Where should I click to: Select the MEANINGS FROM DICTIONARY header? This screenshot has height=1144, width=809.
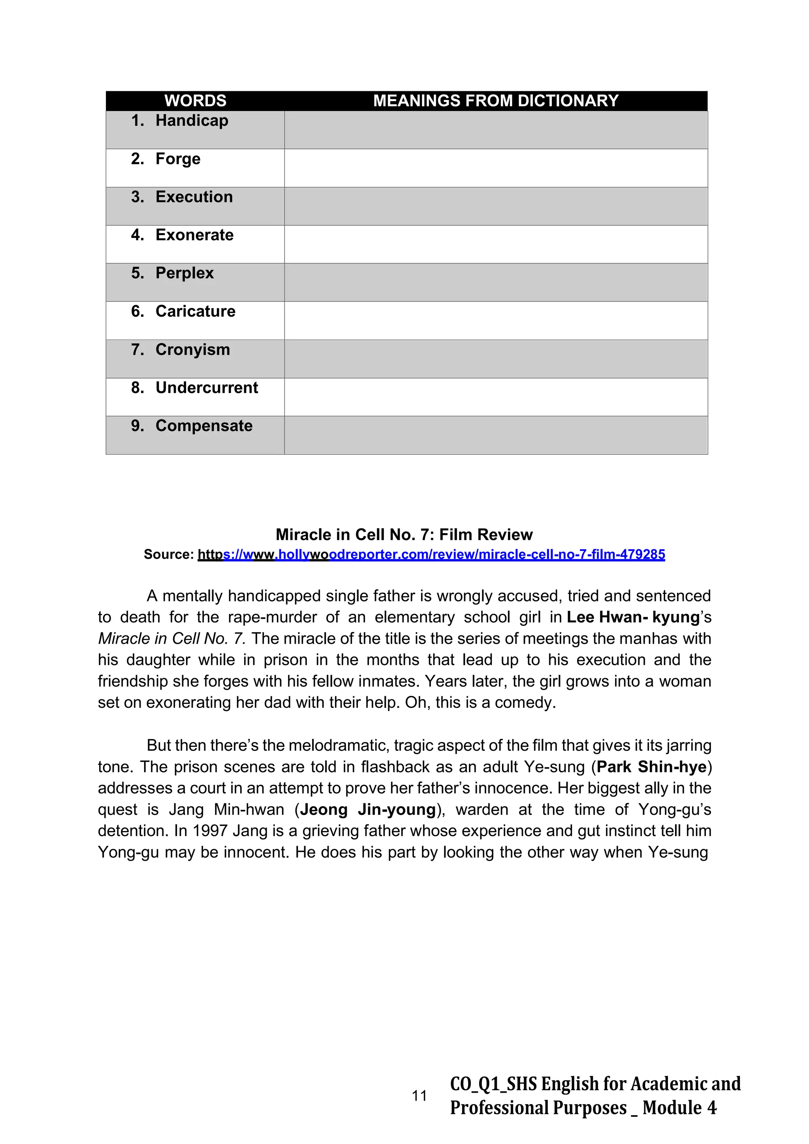[496, 101]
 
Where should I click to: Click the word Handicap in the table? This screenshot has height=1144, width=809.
[192, 121]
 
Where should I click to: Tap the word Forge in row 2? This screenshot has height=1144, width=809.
[178, 159]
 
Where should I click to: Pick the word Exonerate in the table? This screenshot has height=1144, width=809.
[194, 235]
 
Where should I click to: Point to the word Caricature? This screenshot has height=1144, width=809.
[195, 311]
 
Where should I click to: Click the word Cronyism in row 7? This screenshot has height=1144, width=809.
[193, 350]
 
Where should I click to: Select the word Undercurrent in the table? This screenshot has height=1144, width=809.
[207, 388]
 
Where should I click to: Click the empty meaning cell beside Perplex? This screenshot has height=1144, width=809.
[496, 283]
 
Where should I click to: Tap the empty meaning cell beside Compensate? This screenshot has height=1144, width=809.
[496, 435]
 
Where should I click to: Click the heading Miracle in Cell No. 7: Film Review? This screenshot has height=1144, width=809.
[404, 535]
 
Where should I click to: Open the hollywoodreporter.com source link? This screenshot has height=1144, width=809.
[431, 554]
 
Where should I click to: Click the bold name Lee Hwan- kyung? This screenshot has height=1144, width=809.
[633, 617]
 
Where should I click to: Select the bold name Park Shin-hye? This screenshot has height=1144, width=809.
[651, 767]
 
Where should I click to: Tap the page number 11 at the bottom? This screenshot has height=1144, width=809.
[420, 1096]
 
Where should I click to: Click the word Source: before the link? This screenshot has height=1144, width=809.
[168, 554]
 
